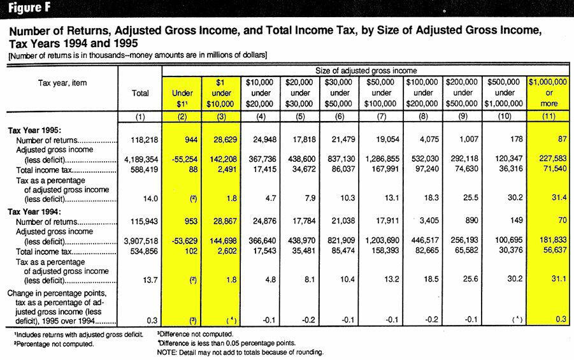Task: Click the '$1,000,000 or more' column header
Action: click(x=549, y=92)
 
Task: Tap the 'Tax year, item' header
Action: click(x=62, y=83)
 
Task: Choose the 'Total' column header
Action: click(x=140, y=93)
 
